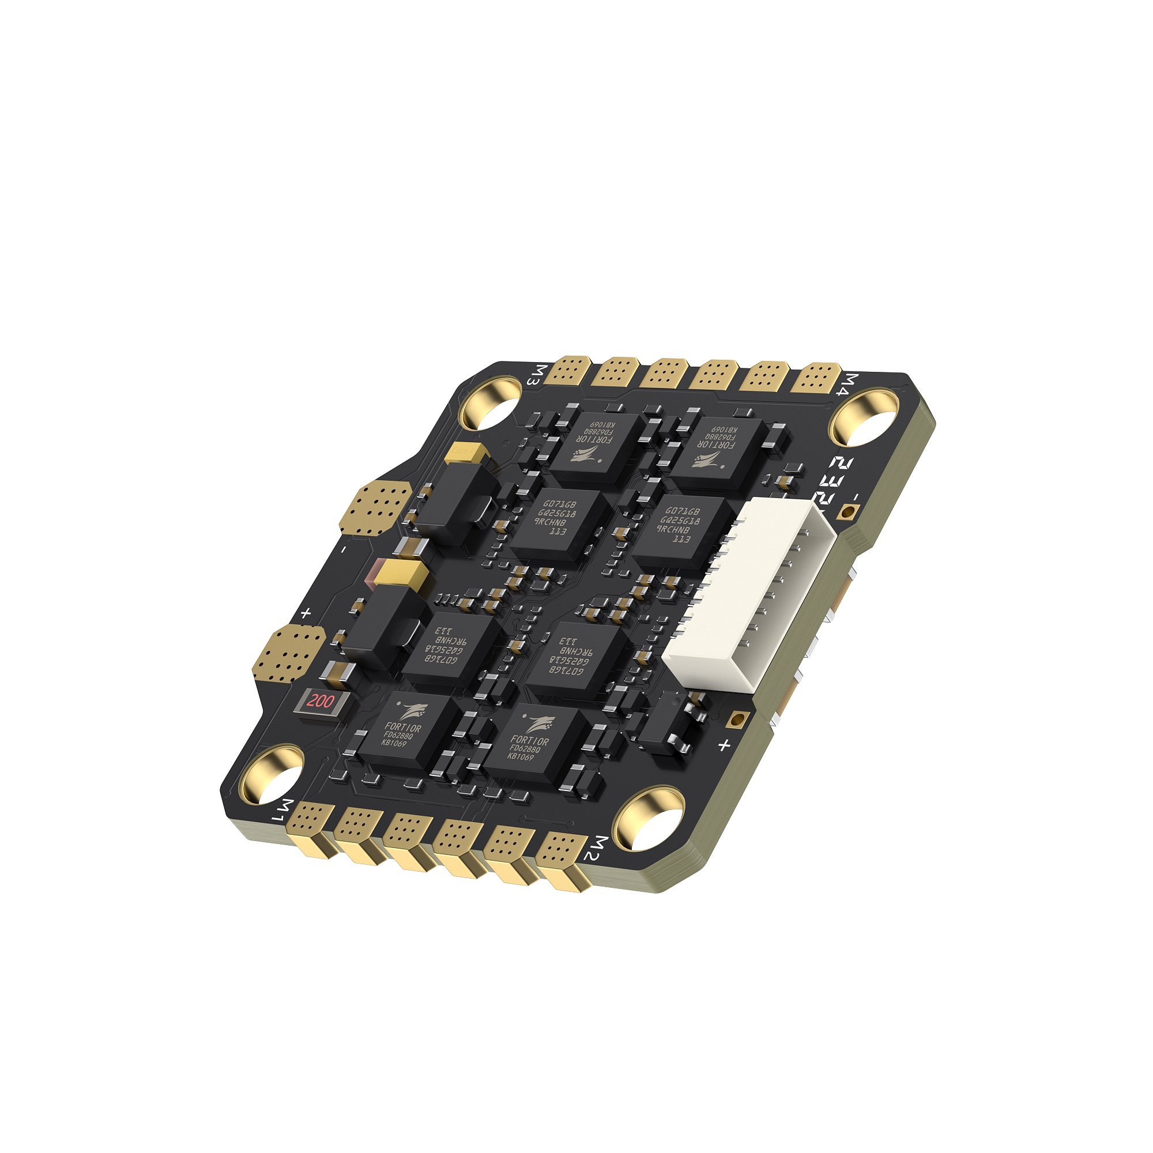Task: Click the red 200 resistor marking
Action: click(320, 701)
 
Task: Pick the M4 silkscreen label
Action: click(854, 385)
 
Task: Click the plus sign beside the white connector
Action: click(724, 745)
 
